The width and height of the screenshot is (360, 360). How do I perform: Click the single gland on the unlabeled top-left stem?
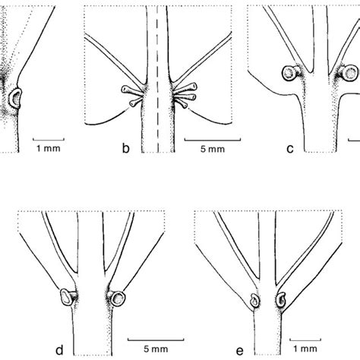17,96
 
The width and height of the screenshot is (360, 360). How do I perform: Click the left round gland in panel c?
289,74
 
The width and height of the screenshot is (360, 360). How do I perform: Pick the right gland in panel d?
118,295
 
